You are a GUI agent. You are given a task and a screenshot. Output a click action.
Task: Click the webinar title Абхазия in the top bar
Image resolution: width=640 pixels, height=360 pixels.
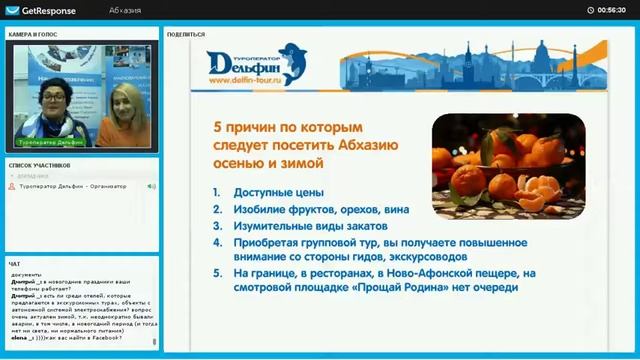tap(125, 10)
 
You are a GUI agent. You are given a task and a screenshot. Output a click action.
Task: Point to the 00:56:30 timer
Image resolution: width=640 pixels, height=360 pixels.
tap(611, 10)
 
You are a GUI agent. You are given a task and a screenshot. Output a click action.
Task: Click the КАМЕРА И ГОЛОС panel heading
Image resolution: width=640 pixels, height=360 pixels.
tap(32, 34)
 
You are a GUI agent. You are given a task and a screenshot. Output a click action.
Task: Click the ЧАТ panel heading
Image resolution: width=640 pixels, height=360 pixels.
tap(14, 264)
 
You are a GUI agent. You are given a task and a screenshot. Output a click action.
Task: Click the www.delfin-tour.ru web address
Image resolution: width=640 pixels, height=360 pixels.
tap(245, 80)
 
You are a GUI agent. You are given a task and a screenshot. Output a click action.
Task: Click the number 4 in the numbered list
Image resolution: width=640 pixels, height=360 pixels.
tap(216, 243)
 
